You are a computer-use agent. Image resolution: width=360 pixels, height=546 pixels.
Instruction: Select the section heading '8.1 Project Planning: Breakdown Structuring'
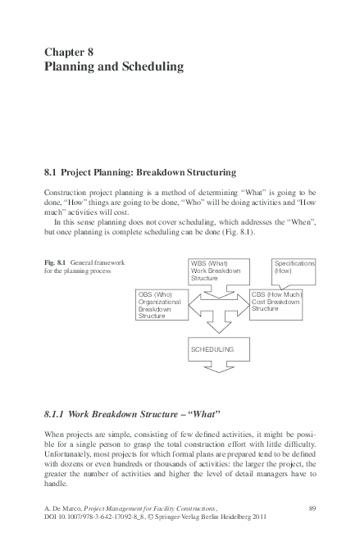coord(139,173)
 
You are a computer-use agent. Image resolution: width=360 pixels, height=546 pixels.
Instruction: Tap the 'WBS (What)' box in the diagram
coord(215,271)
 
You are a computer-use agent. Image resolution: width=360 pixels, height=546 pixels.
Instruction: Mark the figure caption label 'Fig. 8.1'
coord(56,262)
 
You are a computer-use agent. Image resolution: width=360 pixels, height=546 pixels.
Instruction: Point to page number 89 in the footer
coord(311,509)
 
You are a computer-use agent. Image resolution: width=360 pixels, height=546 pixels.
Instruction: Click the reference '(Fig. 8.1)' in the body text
coord(237,231)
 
